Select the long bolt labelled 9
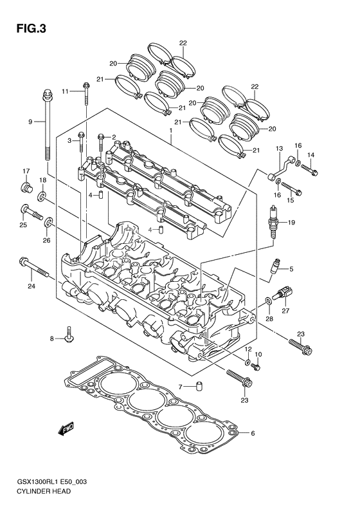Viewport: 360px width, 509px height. [48, 129]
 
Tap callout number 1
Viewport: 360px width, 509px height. [171, 131]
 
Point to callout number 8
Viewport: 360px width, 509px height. [53, 338]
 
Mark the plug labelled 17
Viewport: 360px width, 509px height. [27, 187]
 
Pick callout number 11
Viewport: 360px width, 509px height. [65, 92]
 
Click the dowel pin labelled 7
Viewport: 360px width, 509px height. [199, 387]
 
